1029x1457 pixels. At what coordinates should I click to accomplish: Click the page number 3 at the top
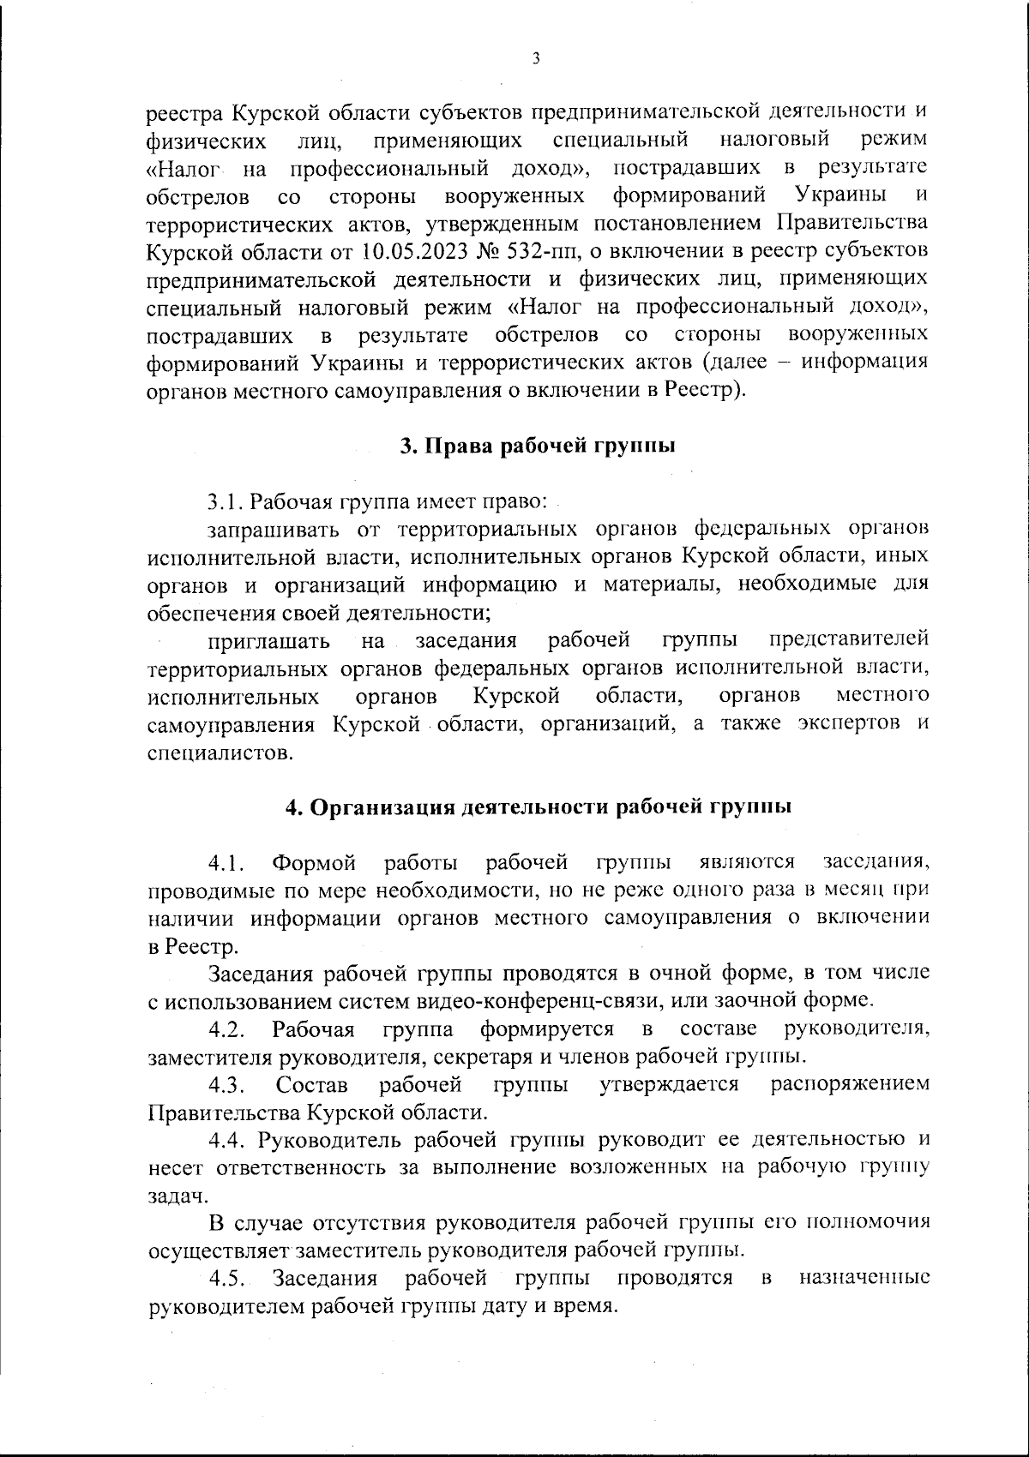(x=535, y=58)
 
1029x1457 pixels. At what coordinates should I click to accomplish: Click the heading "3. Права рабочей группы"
(x=537, y=446)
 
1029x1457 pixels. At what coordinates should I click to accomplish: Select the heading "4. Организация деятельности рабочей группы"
(x=538, y=807)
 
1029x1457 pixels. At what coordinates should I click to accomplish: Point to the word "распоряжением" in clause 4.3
(x=849, y=1084)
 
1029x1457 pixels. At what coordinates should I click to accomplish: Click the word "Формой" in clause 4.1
(x=312, y=861)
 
